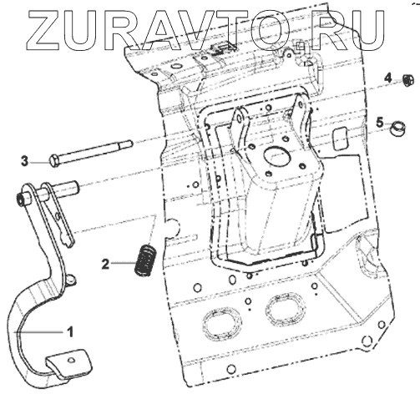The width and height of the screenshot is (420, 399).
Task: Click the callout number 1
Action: point(71,331)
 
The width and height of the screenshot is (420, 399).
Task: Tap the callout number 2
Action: point(105,264)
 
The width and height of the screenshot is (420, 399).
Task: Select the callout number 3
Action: point(25,161)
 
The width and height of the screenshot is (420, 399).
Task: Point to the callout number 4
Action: point(388,78)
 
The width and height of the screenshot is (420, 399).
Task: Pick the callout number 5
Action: point(380,123)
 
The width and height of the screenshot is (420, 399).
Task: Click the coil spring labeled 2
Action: point(145,260)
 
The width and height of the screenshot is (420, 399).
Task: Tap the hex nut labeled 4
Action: point(407,80)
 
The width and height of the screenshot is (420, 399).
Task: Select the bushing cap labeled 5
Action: point(397,129)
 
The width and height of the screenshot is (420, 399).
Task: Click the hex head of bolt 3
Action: point(54,161)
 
